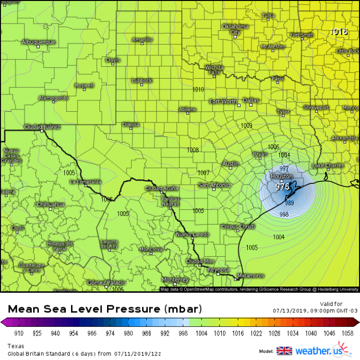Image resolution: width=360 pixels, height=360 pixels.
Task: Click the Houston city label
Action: click(281, 176)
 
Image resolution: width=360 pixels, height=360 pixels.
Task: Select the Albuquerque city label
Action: click(38, 42)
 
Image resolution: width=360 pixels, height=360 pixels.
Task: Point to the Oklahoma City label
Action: click(235, 29)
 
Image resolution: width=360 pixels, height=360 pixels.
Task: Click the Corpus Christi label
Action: click(237, 227)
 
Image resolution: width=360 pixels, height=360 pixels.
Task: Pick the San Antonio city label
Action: click(215, 185)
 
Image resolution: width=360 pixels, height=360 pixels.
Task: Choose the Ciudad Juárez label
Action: click(42, 127)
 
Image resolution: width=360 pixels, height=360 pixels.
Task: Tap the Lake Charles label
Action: click(328, 166)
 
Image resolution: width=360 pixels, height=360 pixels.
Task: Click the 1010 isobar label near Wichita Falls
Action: click(198, 89)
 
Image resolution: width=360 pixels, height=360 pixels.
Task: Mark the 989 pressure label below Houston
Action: click(289, 203)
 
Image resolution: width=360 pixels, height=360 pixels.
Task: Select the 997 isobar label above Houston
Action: click(284, 168)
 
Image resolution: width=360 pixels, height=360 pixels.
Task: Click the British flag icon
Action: click(284, 350)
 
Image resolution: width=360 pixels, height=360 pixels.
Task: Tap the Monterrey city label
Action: click(175, 279)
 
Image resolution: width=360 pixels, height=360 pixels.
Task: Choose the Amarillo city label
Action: click(142, 39)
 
